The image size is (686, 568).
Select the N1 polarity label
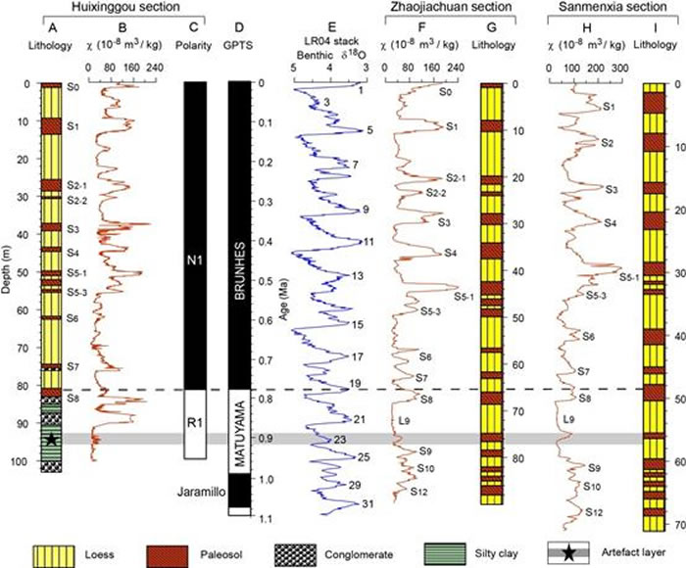click(x=196, y=261)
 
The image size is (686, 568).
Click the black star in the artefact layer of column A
click(x=50, y=440)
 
